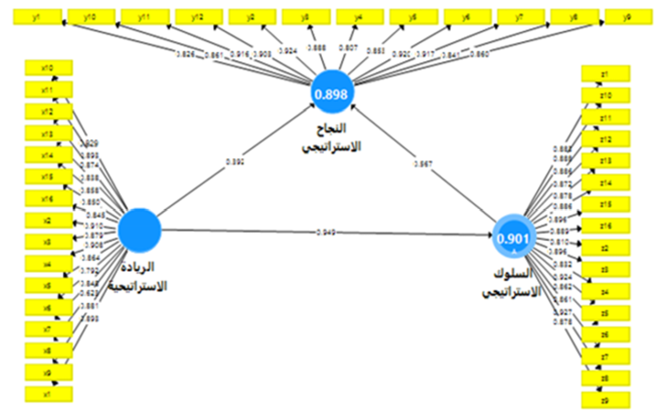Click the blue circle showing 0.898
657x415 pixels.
332,93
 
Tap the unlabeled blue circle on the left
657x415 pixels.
139,230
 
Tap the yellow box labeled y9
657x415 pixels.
627,17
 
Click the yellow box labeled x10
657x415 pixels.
49,68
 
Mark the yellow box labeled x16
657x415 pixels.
49,199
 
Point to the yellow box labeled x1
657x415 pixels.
49,394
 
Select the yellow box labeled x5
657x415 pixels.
49,285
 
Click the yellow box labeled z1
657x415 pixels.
605,73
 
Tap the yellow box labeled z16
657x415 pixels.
605,226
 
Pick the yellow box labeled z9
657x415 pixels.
605,400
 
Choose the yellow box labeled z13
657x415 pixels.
605,161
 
